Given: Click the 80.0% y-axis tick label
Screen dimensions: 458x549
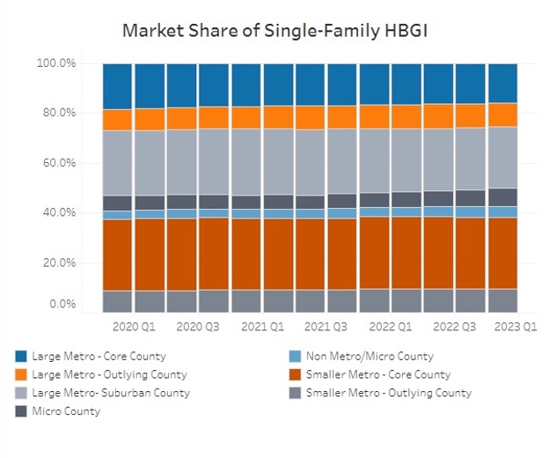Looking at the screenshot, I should point(56,113).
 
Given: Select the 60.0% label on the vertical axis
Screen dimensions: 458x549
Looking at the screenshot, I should point(56,163).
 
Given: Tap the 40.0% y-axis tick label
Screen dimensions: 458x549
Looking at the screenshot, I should point(56,212).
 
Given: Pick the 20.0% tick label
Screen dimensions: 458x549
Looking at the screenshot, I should point(56,262).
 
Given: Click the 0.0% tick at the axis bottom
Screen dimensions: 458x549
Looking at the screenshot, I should point(59,304).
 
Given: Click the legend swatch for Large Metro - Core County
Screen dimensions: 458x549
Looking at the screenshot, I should point(21,357).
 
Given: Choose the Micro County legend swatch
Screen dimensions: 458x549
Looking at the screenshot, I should point(21,410).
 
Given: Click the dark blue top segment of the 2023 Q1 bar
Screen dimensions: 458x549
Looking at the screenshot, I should point(502,83).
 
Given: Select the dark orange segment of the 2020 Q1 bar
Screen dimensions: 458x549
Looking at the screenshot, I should point(118,255).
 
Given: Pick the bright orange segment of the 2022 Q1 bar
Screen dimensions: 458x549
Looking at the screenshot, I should point(375,117).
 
